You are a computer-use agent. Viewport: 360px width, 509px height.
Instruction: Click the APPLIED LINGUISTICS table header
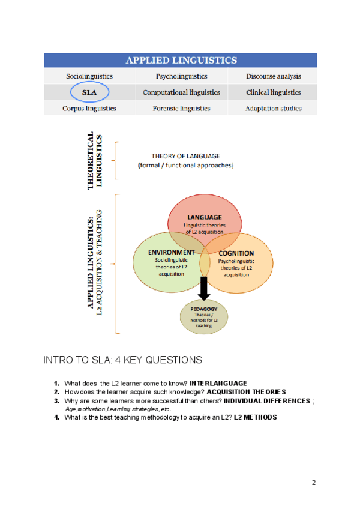(x=181, y=60)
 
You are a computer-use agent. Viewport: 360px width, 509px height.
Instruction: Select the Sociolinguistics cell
(x=89, y=76)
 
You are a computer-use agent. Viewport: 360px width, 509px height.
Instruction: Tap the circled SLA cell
(x=89, y=92)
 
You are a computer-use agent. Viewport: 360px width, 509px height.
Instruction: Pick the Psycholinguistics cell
(x=181, y=76)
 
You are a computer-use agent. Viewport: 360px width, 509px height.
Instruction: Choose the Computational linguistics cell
(x=181, y=92)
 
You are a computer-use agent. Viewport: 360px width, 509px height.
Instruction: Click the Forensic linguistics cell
(x=181, y=109)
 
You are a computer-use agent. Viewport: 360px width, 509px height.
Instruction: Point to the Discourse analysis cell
(x=273, y=76)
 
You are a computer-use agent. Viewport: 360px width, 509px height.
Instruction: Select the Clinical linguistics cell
(x=273, y=92)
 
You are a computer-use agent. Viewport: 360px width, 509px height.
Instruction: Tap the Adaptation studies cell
(x=273, y=109)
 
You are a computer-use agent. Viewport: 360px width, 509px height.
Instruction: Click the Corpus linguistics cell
(x=89, y=109)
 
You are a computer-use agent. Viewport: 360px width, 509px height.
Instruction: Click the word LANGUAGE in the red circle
(x=204, y=217)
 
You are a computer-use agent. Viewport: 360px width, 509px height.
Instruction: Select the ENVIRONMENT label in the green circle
(x=171, y=252)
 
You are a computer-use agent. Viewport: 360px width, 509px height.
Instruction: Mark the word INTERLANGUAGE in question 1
(x=218, y=383)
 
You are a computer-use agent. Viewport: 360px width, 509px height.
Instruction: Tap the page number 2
(x=314, y=482)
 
